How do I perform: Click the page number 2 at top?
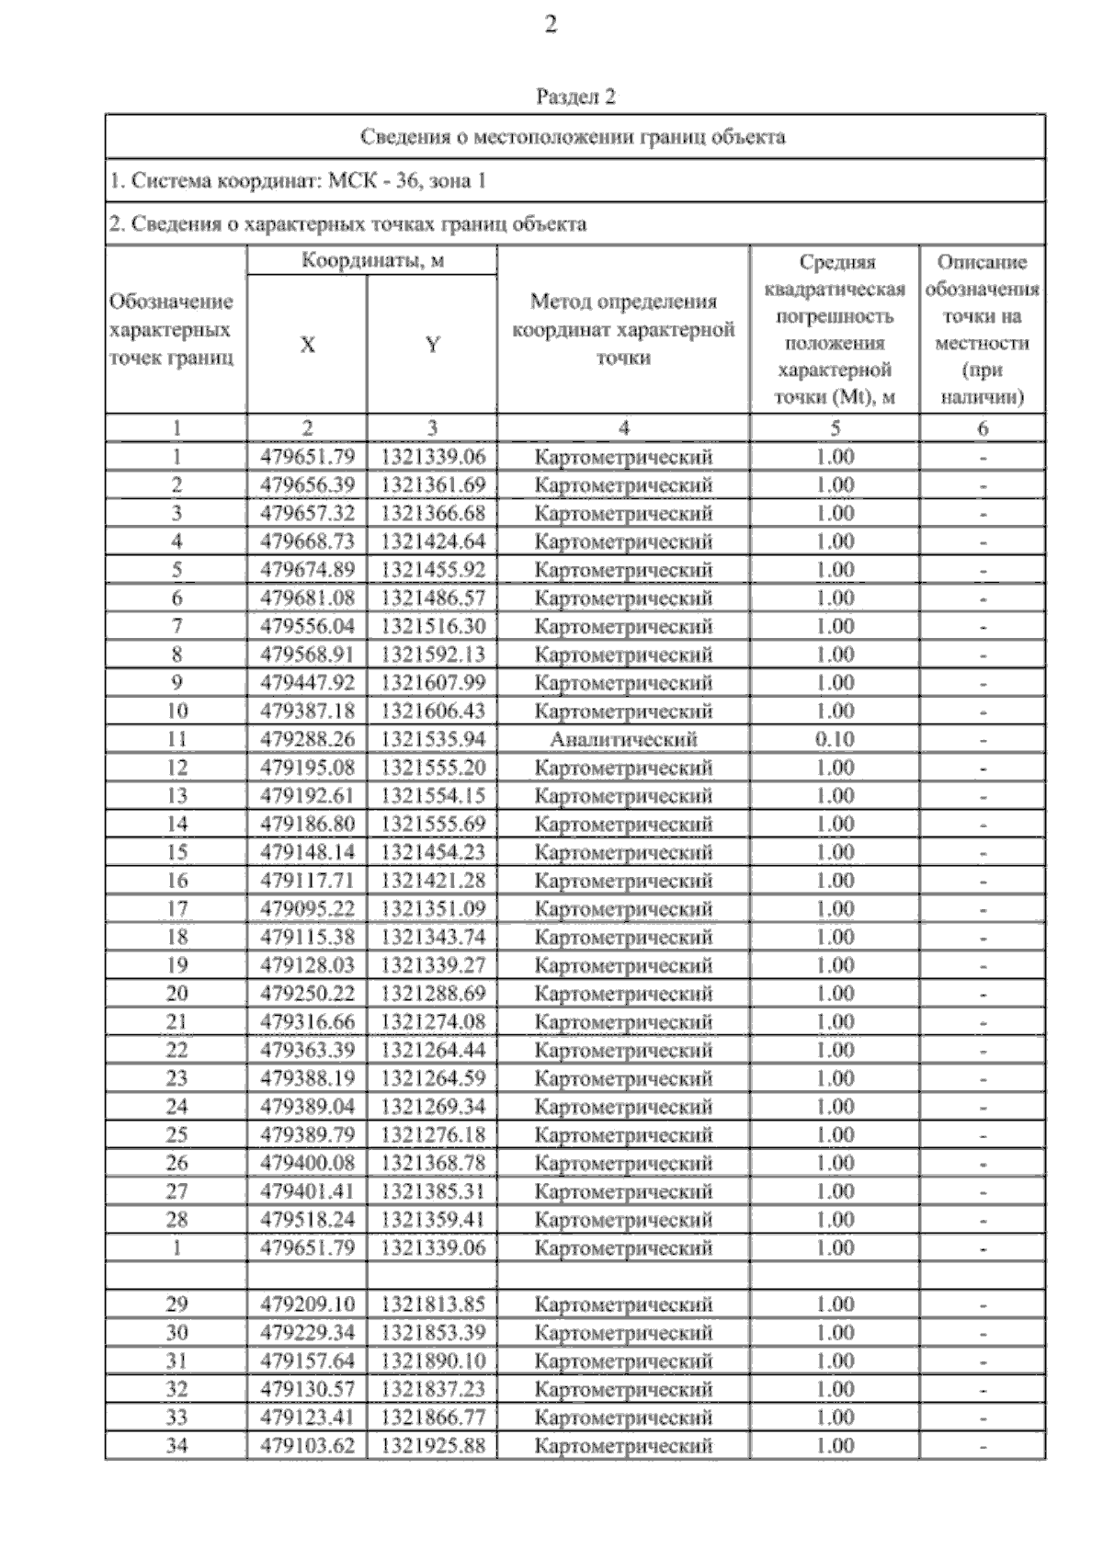pos(551,26)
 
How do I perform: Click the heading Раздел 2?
pos(575,97)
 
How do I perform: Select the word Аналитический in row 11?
pos(623,739)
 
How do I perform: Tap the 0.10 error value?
pos(835,739)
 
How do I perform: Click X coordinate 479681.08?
pos(307,598)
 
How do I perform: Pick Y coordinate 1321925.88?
pos(432,1446)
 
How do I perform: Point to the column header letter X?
pos(307,345)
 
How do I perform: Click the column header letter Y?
pos(432,345)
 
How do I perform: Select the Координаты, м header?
pos(372,261)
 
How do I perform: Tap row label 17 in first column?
pos(176,909)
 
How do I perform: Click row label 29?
pos(176,1304)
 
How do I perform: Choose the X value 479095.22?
pos(307,909)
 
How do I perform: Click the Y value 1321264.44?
pos(432,1050)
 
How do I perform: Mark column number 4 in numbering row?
pos(623,428)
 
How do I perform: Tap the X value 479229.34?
pos(307,1333)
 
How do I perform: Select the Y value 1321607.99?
pos(432,683)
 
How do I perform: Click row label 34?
pos(176,1446)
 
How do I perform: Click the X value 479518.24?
pos(307,1220)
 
